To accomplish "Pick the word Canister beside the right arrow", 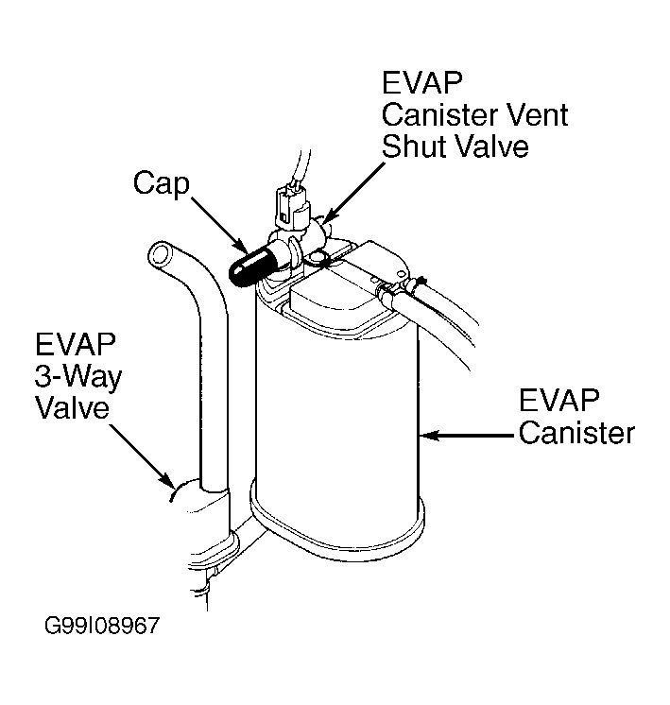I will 576,433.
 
